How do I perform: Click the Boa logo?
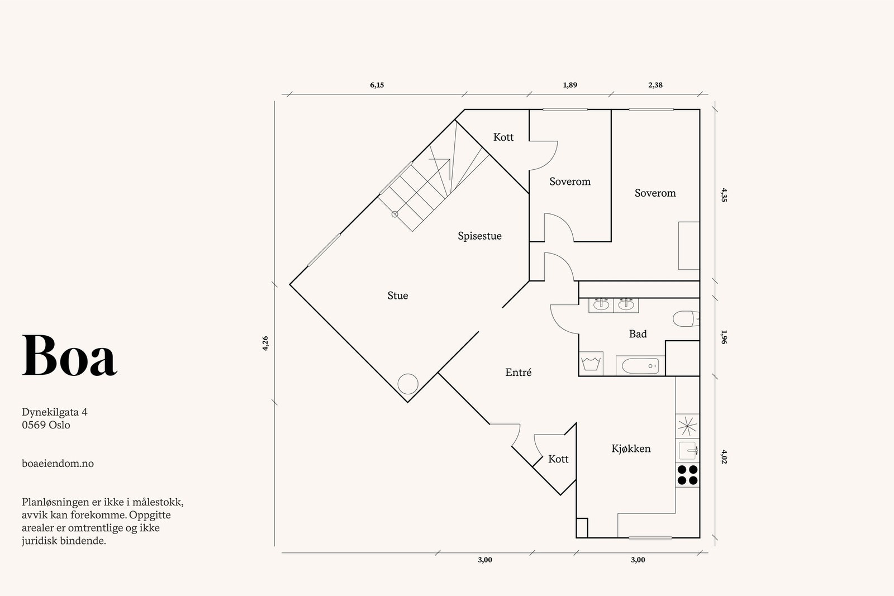[69, 355]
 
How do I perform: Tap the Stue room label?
[397, 295]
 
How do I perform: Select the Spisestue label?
[479, 236]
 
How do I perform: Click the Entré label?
[518, 372]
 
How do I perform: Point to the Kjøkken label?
[631, 449]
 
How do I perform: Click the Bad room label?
[638, 334]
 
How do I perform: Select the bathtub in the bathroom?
[640, 366]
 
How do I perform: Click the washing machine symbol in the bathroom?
[591, 364]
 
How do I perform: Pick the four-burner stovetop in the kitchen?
[687, 475]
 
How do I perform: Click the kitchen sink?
[687, 450]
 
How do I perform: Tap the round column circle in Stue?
[408, 384]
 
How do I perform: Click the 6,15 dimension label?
[377, 85]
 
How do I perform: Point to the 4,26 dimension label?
[265, 343]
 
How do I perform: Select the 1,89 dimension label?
[570, 85]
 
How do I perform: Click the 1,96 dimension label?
[724, 337]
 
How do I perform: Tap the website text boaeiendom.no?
[58, 464]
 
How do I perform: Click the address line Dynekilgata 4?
[55, 412]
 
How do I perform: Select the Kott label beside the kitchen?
[558, 459]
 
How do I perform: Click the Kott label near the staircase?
[503, 137]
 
